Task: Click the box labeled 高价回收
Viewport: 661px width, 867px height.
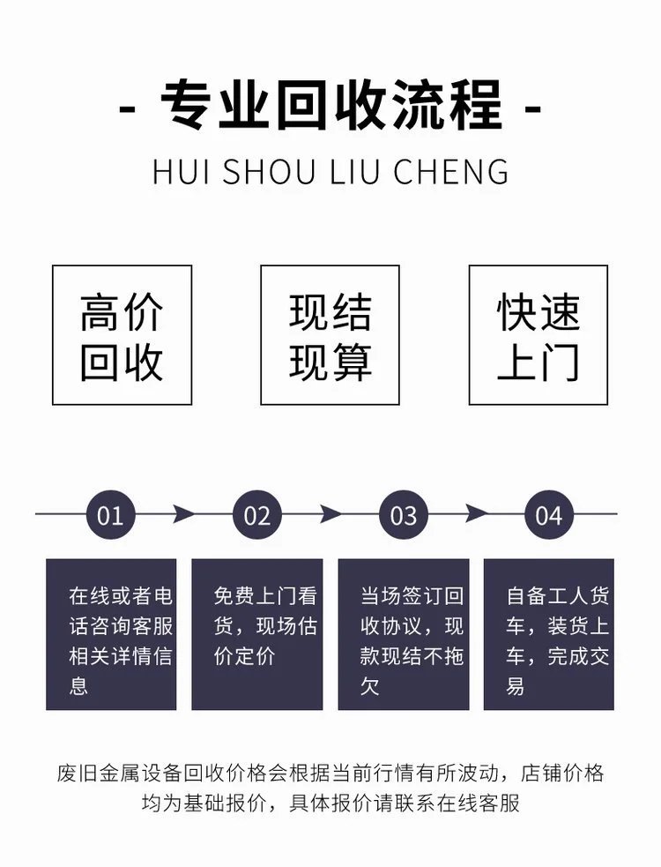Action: click(x=122, y=335)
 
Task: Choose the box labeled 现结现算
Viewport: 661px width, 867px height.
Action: click(x=330, y=335)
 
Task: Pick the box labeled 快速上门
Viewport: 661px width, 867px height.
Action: click(x=538, y=335)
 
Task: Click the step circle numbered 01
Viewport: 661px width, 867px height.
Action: click(x=110, y=514)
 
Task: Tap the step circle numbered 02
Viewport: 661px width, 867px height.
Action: click(x=256, y=514)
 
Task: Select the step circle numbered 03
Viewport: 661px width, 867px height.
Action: click(x=403, y=514)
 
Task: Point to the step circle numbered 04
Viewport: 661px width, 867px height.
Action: click(x=548, y=514)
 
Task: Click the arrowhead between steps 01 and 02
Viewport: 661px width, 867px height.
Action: click(x=183, y=513)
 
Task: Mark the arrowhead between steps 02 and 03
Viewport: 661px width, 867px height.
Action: click(x=330, y=513)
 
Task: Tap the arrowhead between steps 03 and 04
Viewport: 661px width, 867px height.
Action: click(x=476, y=513)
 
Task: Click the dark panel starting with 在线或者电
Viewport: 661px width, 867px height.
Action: click(x=111, y=633)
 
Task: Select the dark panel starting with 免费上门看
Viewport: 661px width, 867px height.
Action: click(x=256, y=633)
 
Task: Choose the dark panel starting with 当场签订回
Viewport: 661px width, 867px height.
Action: click(x=403, y=633)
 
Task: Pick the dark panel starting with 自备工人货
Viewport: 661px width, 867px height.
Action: click(x=548, y=633)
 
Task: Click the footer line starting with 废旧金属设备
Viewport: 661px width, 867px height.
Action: click(x=330, y=774)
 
